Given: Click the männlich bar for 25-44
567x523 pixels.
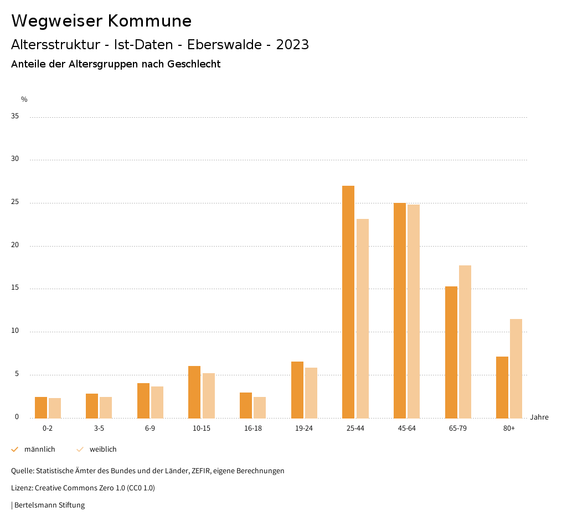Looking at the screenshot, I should pos(348,302).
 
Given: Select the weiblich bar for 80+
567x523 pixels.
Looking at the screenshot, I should pos(516,368).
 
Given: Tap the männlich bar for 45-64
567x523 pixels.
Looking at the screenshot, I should pos(400,310).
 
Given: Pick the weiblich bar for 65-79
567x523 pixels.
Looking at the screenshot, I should pos(465,342).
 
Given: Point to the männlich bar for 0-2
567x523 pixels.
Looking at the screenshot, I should pos(41,407).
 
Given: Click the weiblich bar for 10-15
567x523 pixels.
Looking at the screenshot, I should pos(208,395).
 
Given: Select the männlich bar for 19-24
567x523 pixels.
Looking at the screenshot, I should pos(297,390).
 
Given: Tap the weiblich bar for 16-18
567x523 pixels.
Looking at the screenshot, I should pos(260,407).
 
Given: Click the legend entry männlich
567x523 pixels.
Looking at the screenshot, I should pos(39,449).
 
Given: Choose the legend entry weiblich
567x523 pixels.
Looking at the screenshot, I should pos(103,449).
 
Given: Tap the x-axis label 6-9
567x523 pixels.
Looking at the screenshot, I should pos(150,428).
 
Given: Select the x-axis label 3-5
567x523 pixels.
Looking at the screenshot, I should pos(99,428).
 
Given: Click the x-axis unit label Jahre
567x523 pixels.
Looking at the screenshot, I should pos(539,417).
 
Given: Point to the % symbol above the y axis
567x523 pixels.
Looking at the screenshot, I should pos(24,100).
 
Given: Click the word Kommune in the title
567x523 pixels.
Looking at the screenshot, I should pos(150,21).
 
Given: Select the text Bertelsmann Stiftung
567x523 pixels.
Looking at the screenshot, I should pos(49,505).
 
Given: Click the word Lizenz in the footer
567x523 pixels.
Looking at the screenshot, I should pos(22,488).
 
